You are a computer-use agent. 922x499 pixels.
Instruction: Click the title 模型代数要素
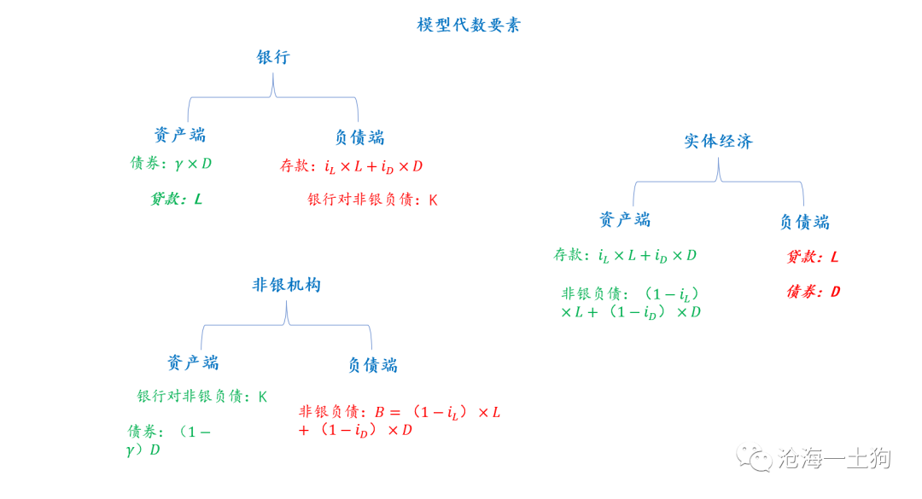[x=469, y=25]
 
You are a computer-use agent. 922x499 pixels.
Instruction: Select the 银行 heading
[x=273, y=58]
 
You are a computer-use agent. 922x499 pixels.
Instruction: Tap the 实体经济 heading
[x=718, y=142]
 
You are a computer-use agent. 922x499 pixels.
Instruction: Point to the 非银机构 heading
[x=286, y=285]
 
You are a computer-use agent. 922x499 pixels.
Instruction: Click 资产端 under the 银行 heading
[x=179, y=135]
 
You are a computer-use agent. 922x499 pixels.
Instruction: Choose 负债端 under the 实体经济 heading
[x=803, y=222]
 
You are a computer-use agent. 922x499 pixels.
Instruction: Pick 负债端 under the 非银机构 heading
[x=372, y=365]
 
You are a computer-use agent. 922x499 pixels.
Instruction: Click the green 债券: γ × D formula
[x=171, y=164]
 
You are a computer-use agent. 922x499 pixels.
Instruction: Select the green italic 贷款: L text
[x=177, y=200]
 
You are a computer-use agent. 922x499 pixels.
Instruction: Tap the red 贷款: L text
[x=812, y=257]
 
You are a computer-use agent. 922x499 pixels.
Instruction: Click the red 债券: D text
[x=813, y=292]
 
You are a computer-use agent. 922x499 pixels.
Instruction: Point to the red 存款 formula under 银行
[x=351, y=166]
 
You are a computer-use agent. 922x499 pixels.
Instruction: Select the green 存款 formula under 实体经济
[x=625, y=255]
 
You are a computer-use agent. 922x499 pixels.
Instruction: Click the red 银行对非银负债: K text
[x=372, y=200]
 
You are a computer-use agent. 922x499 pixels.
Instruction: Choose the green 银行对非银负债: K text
[x=202, y=397]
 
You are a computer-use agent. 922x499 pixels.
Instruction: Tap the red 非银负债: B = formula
[x=399, y=421]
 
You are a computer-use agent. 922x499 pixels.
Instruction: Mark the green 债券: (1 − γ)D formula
[x=168, y=440]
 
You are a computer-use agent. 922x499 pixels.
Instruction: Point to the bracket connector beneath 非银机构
[x=287, y=321]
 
